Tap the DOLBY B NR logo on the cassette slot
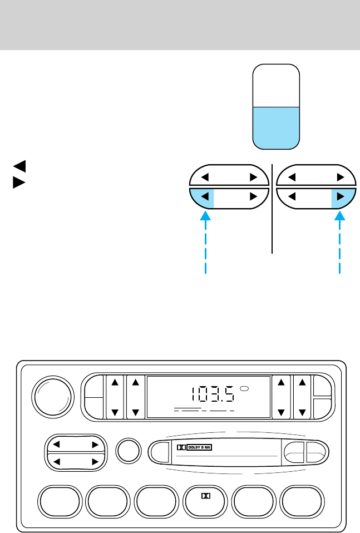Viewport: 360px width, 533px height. pyautogui.click(x=197, y=446)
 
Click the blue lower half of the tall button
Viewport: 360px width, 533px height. pyautogui.click(x=277, y=127)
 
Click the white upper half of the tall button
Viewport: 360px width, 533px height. pyautogui.click(x=277, y=85)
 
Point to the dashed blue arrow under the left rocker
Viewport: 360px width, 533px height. pyautogui.click(x=206, y=245)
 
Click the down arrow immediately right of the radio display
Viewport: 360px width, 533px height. pyautogui.click(x=281, y=413)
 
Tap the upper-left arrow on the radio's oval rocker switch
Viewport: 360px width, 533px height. pyautogui.click(x=56, y=445)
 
